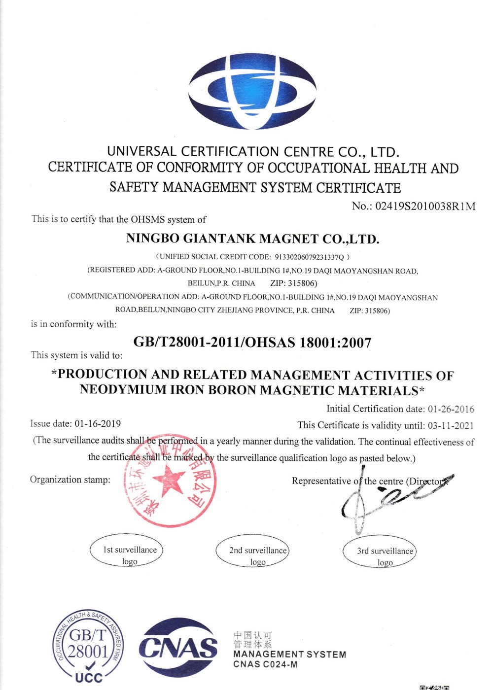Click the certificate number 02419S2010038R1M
425,206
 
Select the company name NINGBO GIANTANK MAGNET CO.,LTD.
252,239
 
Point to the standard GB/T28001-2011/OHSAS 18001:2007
252,343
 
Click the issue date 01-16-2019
98,424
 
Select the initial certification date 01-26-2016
451,409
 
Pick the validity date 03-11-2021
451,425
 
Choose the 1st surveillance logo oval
127,551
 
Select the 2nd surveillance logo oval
252,551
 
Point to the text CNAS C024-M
265,664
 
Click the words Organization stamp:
70,480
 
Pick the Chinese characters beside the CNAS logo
252,640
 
